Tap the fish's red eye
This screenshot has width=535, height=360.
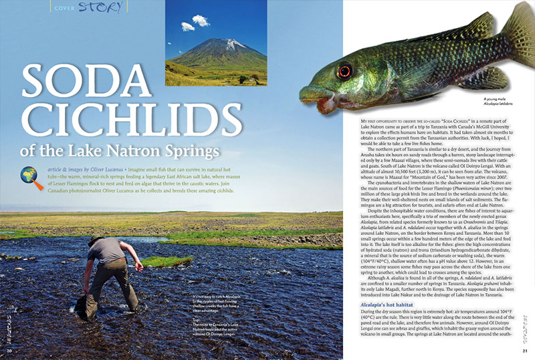coord(344,70)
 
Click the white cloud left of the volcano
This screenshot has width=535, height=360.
coord(187,27)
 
